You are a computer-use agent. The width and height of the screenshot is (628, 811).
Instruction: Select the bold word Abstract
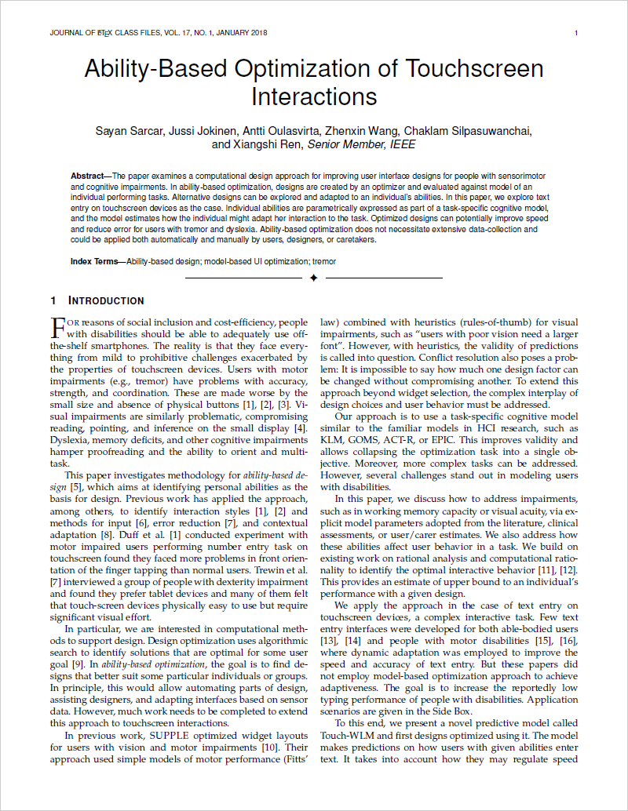click(x=87, y=176)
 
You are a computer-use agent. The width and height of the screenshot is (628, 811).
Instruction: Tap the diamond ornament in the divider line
click(x=313, y=278)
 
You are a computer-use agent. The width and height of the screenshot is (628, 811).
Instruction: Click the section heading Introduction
click(x=105, y=300)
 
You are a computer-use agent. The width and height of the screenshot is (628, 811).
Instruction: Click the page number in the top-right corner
click(x=576, y=33)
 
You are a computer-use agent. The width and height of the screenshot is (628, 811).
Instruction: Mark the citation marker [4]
click(x=300, y=428)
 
